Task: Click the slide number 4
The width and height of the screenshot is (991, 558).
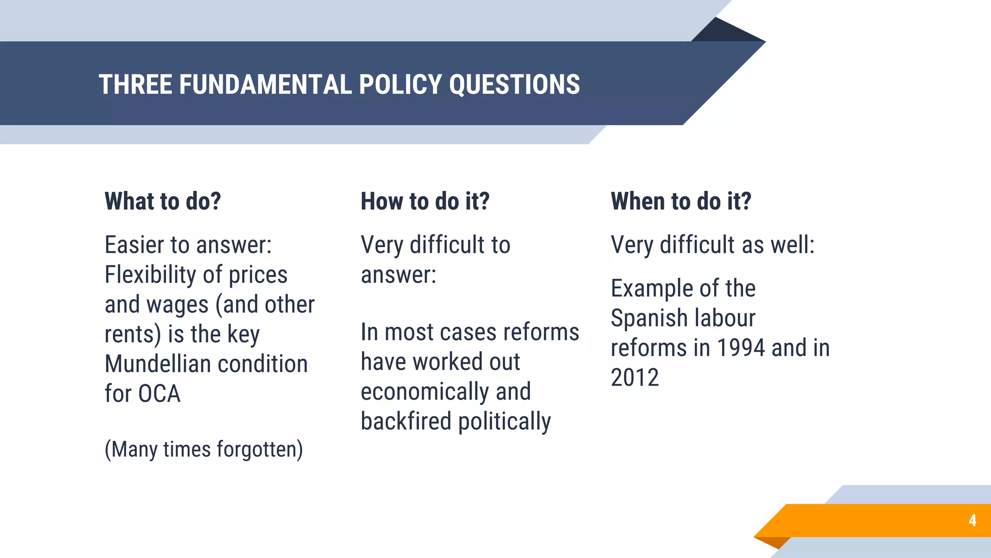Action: pos(972,521)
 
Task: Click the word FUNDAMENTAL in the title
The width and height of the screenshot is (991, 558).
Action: pos(265,85)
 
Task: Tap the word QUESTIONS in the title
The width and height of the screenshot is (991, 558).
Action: pos(514,85)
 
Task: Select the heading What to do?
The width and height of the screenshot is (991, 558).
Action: pos(163,201)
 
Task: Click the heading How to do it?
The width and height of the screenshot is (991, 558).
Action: pos(425,201)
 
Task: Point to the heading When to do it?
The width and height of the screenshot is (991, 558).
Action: pos(681,201)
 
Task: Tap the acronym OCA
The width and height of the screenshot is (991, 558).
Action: pos(159,393)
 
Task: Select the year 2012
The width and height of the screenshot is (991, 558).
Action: pos(634,378)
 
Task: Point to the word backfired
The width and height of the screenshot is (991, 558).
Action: pos(405,421)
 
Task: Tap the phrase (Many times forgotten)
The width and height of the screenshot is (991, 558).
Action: pos(204,449)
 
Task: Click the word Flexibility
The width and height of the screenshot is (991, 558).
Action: pos(150,275)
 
